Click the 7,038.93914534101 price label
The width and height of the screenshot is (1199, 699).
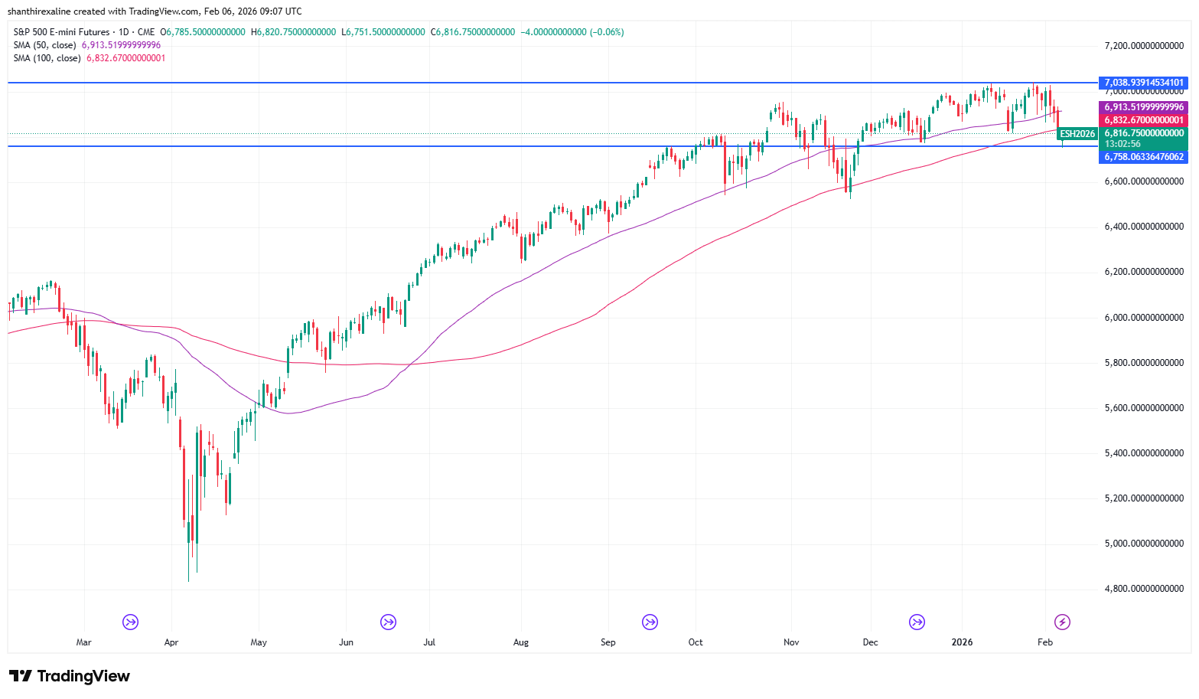1144,83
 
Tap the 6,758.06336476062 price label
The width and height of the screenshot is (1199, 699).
1144,157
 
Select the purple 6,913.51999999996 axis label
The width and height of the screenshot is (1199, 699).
1144,107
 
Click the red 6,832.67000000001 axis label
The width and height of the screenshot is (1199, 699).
1144,120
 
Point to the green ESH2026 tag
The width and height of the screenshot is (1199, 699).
1077,134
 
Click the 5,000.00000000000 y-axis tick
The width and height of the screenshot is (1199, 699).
1144,544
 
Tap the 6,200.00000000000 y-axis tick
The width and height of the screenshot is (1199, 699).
1144,272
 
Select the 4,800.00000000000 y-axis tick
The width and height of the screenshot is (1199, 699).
1144,589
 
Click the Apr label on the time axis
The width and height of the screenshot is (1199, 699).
171,642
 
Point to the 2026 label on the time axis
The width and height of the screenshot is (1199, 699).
962,642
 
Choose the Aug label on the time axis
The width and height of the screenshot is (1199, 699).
521,642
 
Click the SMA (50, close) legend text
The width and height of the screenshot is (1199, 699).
44,45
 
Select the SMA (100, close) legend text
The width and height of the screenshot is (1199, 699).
47,58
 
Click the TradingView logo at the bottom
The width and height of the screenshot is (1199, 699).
70,676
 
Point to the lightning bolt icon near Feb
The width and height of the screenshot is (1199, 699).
1062,622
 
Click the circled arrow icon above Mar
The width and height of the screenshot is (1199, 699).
131,622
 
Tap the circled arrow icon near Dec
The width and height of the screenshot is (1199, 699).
917,622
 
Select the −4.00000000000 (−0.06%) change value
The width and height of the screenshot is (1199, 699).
572,32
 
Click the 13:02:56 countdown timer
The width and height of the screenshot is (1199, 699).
1122,144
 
